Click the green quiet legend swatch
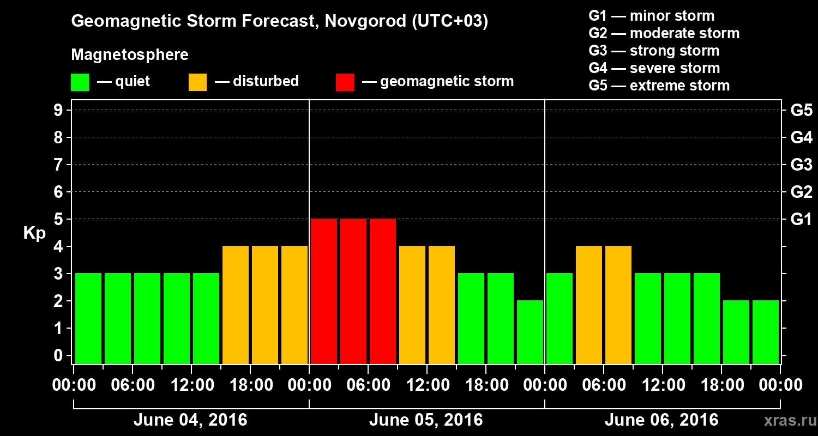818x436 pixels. coord(80,82)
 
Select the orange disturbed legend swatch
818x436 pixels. coord(197,82)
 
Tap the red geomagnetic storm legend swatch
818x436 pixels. coord(345,82)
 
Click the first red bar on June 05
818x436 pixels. coord(324,291)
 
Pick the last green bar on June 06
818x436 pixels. coord(766,332)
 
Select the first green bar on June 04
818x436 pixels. coord(88,318)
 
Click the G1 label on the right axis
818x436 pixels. coord(801,219)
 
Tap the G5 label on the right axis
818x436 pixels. coord(801,110)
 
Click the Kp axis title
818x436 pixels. coord(34,234)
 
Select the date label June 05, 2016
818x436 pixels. coord(426,420)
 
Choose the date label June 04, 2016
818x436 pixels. coord(190,420)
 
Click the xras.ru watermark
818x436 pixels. coord(786,421)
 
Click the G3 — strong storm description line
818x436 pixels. coord(654,51)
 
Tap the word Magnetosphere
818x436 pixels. coord(130,55)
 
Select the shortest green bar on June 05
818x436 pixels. coord(530,332)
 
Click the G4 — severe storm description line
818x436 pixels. coord(654,68)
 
